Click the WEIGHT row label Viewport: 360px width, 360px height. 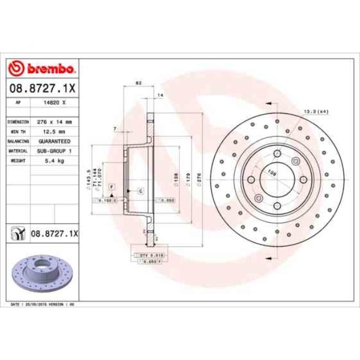pos(17,160)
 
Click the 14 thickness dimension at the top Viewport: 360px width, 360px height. pos(161,96)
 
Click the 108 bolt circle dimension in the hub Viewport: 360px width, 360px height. pos(272,173)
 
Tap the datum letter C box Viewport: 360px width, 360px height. pos(140,191)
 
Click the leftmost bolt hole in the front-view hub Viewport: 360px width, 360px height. pos(250,179)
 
